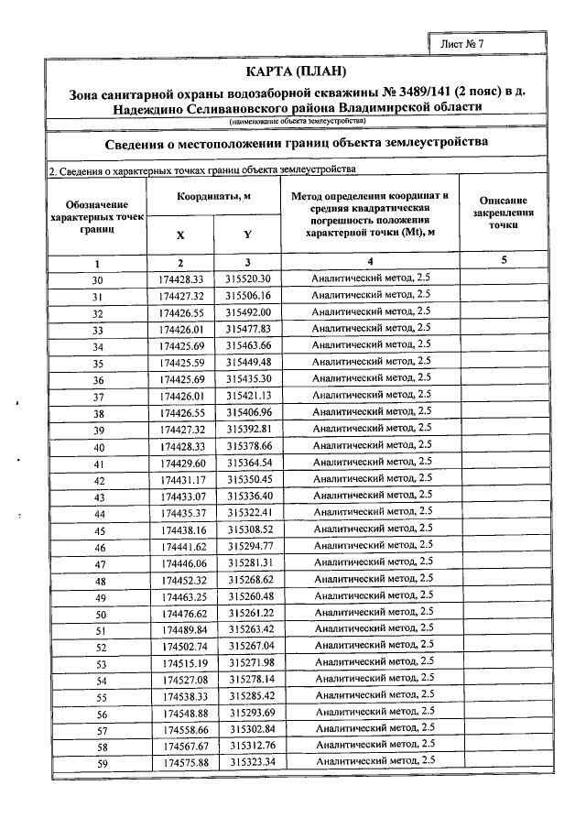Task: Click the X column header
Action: point(179,235)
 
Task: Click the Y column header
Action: point(247,235)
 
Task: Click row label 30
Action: point(98,279)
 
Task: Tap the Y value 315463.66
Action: point(250,345)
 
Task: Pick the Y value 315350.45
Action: point(250,479)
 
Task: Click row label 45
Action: point(100,529)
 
